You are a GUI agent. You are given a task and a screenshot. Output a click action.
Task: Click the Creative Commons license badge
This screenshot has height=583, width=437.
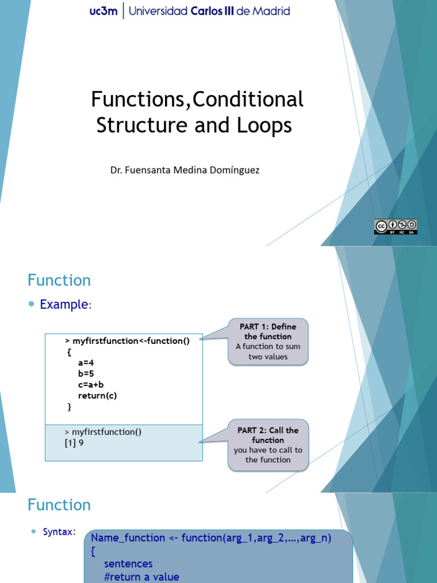pyautogui.click(x=395, y=226)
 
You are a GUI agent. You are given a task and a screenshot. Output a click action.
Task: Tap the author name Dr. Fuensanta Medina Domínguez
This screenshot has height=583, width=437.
pyautogui.click(x=185, y=170)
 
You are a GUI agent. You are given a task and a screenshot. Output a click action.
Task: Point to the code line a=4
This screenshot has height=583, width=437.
pyautogui.click(x=86, y=363)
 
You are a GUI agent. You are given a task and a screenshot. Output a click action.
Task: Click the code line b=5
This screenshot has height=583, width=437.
pyautogui.click(x=86, y=373)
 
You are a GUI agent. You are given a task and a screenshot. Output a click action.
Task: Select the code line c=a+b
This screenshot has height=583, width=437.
pyautogui.click(x=91, y=385)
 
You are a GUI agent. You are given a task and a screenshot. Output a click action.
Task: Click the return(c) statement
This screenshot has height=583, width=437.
pyautogui.click(x=97, y=396)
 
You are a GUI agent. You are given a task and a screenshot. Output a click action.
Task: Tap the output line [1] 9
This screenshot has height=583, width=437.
pyautogui.click(x=74, y=442)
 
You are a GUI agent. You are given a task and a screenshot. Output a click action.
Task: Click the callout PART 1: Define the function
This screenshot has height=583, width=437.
pyautogui.click(x=268, y=342)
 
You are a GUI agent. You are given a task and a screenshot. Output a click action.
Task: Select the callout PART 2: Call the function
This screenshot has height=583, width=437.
pyautogui.click(x=268, y=445)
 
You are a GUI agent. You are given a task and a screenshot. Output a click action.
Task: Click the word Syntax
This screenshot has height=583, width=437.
pyautogui.click(x=58, y=532)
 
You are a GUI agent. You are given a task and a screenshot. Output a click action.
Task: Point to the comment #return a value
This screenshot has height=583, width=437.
pyautogui.click(x=142, y=577)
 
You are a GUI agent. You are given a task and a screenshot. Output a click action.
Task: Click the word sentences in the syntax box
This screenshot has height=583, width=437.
pyautogui.click(x=128, y=564)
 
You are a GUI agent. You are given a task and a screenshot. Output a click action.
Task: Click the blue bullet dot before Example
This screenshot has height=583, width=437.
pyautogui.click(x=32, y=305)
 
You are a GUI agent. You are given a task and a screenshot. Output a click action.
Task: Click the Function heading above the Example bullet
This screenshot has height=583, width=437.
pyautogui.click(x=59, y=280)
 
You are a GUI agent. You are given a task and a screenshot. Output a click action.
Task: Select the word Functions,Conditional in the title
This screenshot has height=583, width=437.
pyautogui.click(x=197, y=100)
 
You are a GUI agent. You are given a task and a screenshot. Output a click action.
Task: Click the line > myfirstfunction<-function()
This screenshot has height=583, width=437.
pyautogui.click(x=127, y=340)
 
